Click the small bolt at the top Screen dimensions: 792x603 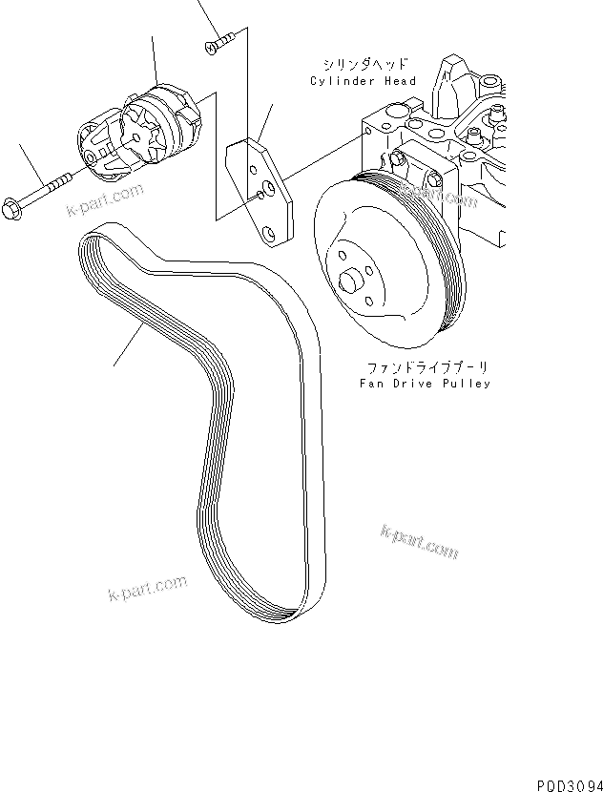tap(220, 43)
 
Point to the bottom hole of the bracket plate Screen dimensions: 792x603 tap(271, 231)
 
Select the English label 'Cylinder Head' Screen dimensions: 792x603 tap(364, 81)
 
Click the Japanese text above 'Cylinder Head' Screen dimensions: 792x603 tap(366, 65)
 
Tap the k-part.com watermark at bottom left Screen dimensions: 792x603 tap(148, 588)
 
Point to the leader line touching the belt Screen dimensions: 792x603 tap(129, 344)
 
